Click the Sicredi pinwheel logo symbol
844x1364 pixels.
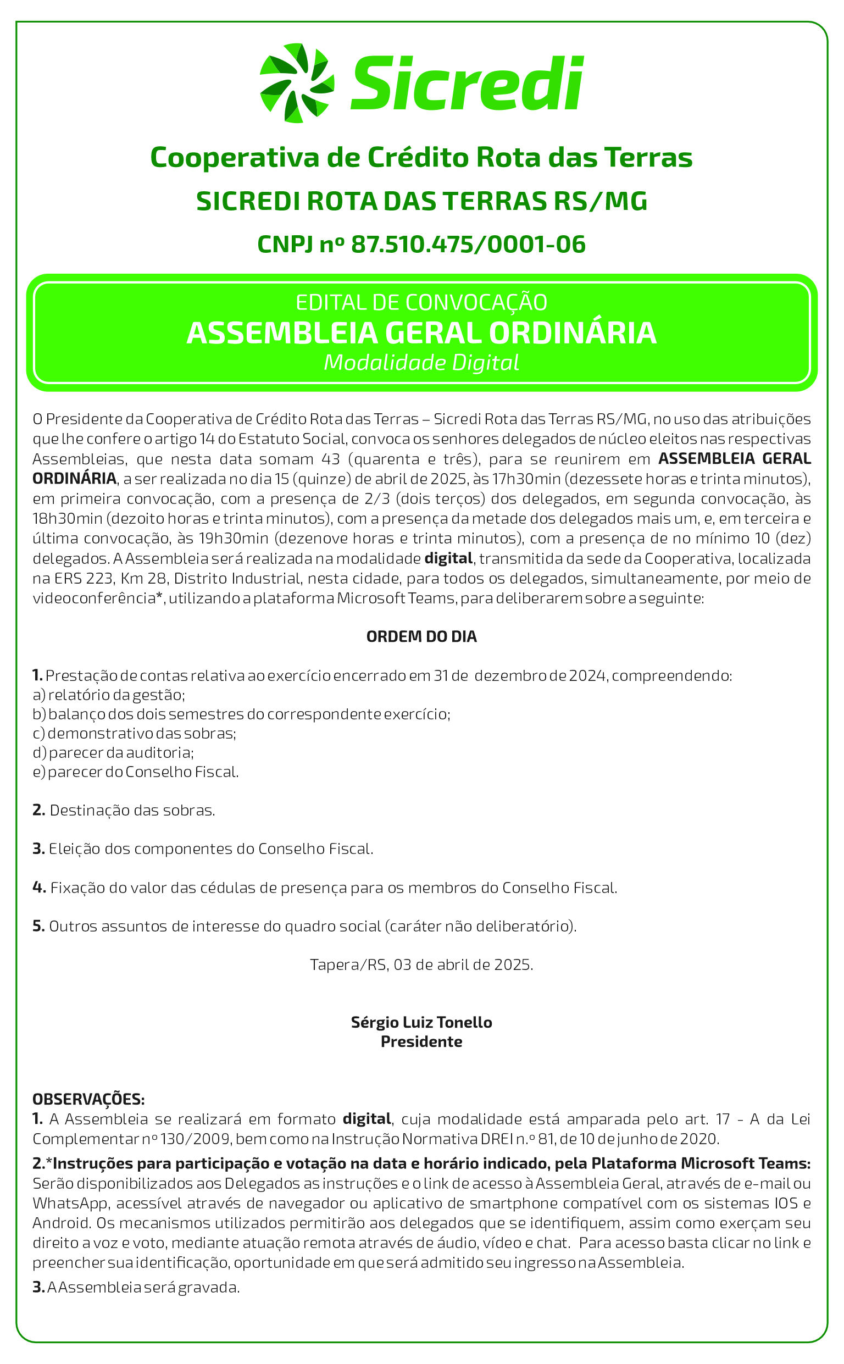[297, 83]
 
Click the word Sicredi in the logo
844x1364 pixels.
[467, 83]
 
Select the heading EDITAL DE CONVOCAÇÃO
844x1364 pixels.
[421, 302]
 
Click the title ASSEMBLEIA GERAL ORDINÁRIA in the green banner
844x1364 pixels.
[421, 332]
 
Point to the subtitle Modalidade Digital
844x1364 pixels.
[421, 363]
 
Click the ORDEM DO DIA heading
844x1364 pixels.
[421, 637]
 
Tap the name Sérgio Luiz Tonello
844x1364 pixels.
[421, 1022]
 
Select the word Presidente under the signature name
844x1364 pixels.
[421, 1041]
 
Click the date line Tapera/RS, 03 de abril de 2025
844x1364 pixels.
[421, 964]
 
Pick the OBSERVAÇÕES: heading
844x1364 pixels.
[88, 1100]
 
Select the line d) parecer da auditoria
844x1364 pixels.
[113, 752]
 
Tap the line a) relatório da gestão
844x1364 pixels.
[109, 695]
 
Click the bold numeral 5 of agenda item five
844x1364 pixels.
[38, 926]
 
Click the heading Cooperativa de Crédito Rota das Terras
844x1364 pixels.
[421, 157]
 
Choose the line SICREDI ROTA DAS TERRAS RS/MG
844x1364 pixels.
[421, 201]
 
